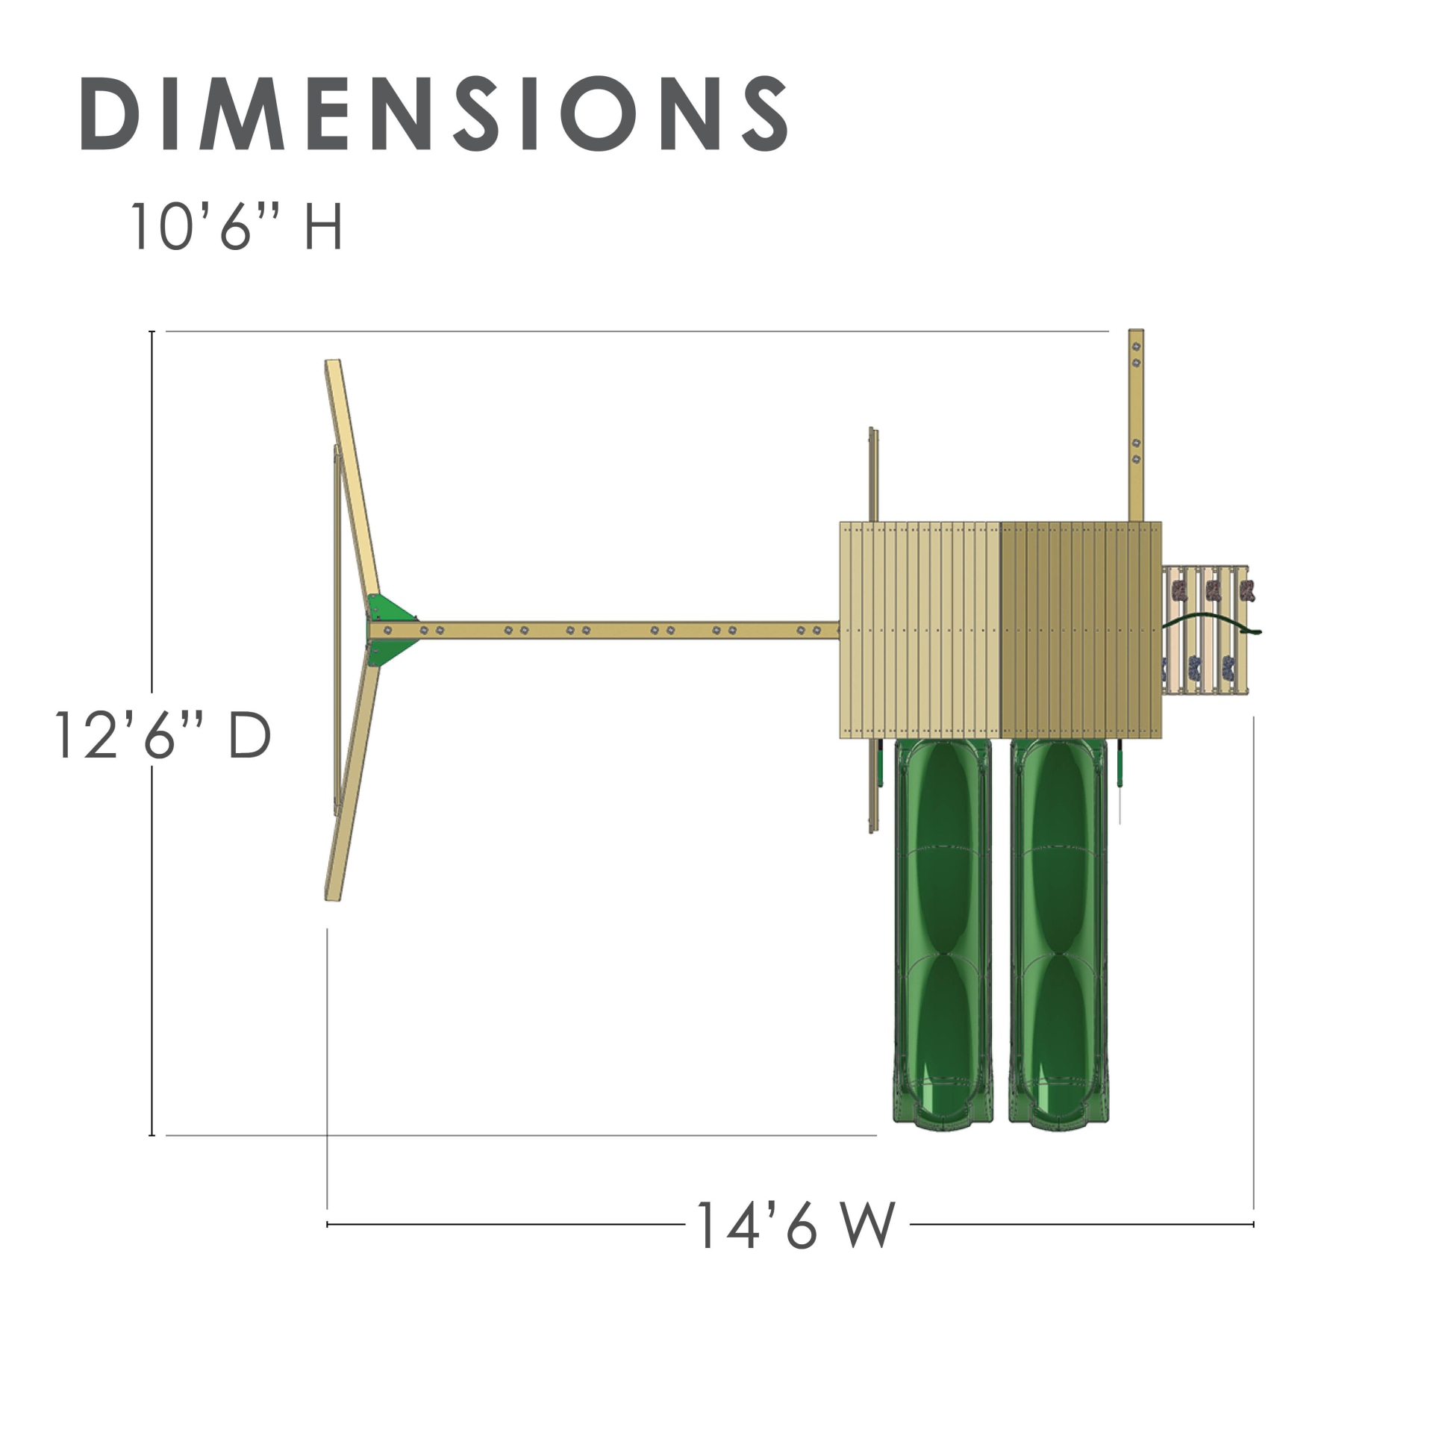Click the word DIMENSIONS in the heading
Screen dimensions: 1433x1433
[x=434, y=113]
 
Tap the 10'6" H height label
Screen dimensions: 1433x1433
[x=237, y=225]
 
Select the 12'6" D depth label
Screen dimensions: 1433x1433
[x=163, y=735]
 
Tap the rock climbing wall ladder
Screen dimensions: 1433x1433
[x=1205, y=630]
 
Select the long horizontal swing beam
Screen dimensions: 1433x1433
[x=605, y=631]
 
